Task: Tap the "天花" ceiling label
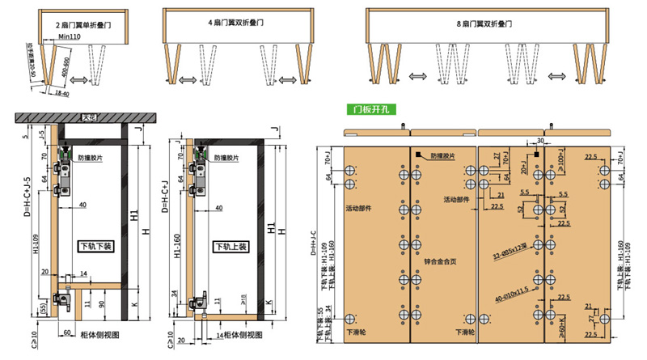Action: point(90,118)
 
